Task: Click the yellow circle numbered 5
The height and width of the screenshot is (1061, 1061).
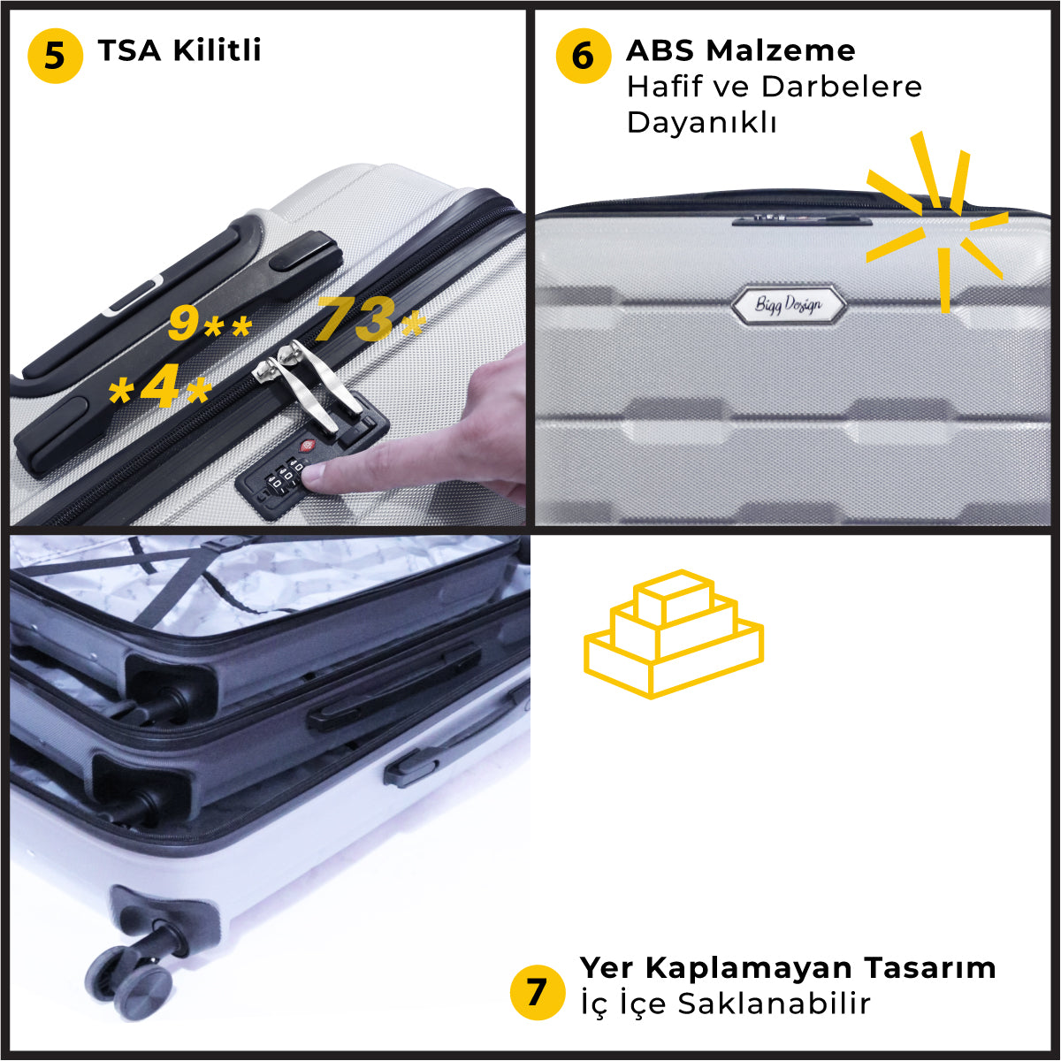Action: click(x=55, y=56)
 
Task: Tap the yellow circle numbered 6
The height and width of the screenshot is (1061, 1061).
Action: click(x=583, y=56)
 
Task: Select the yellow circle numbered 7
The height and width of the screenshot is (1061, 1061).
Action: click(x=537, y=992)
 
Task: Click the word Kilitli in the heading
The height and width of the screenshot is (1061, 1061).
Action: click(x=217, y=50)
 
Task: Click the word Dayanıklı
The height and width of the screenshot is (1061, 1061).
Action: click(x=701, y=122)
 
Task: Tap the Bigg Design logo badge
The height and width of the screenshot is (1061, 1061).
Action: click(x=788, y=305)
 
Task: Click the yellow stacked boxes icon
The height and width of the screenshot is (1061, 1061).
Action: click(x=673, y=634)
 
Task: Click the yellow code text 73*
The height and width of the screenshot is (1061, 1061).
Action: click(x=370, y=320)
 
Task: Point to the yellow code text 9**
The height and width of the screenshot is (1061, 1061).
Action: click(x=210, y=324)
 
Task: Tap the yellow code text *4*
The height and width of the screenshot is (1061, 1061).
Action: click(x=160, y=390)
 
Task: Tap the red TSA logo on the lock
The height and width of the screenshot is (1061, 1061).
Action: click(x=307, y=447)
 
